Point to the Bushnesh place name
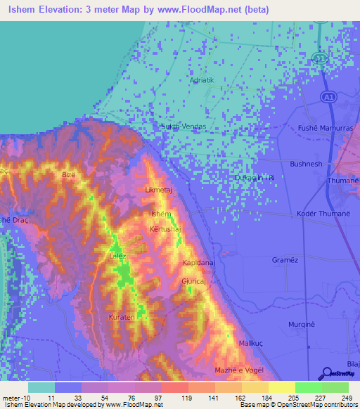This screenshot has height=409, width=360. tap(305, 164)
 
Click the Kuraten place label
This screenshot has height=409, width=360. tap(122, 318)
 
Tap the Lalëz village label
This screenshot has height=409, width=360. tap(117, 256)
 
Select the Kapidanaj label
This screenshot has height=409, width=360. tap(198, 261)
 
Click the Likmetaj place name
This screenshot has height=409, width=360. tap(158, 190)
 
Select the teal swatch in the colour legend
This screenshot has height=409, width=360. tap(41, 387)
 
